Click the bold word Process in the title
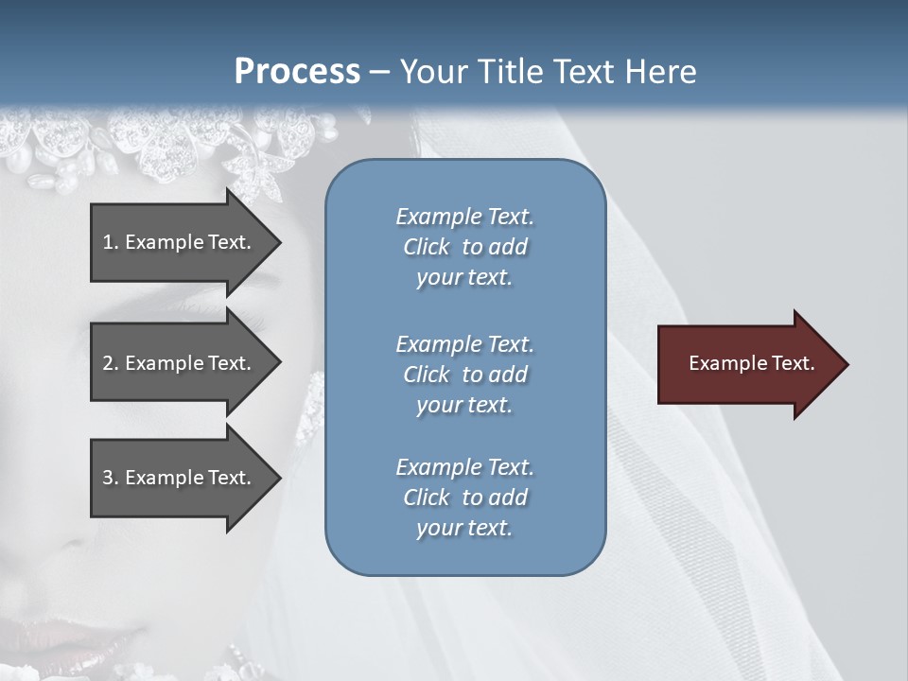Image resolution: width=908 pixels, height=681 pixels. click(297, 72)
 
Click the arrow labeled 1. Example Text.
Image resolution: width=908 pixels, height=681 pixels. click(180, 242)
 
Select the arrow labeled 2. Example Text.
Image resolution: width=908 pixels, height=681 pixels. click(180, 363)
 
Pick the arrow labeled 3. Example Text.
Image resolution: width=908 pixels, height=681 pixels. click(180, 478)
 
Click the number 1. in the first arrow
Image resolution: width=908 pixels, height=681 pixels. click(110, 242)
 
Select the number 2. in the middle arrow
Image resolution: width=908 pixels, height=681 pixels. click(110, 363)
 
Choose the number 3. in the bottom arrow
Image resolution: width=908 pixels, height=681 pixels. click(110, 478)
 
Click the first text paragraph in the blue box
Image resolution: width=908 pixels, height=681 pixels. click(464, 247)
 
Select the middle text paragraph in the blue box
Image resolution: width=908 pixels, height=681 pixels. click(464, 375)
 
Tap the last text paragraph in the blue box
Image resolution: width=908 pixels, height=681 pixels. click(464, 498)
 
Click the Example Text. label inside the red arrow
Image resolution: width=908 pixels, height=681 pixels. click(752, 363)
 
